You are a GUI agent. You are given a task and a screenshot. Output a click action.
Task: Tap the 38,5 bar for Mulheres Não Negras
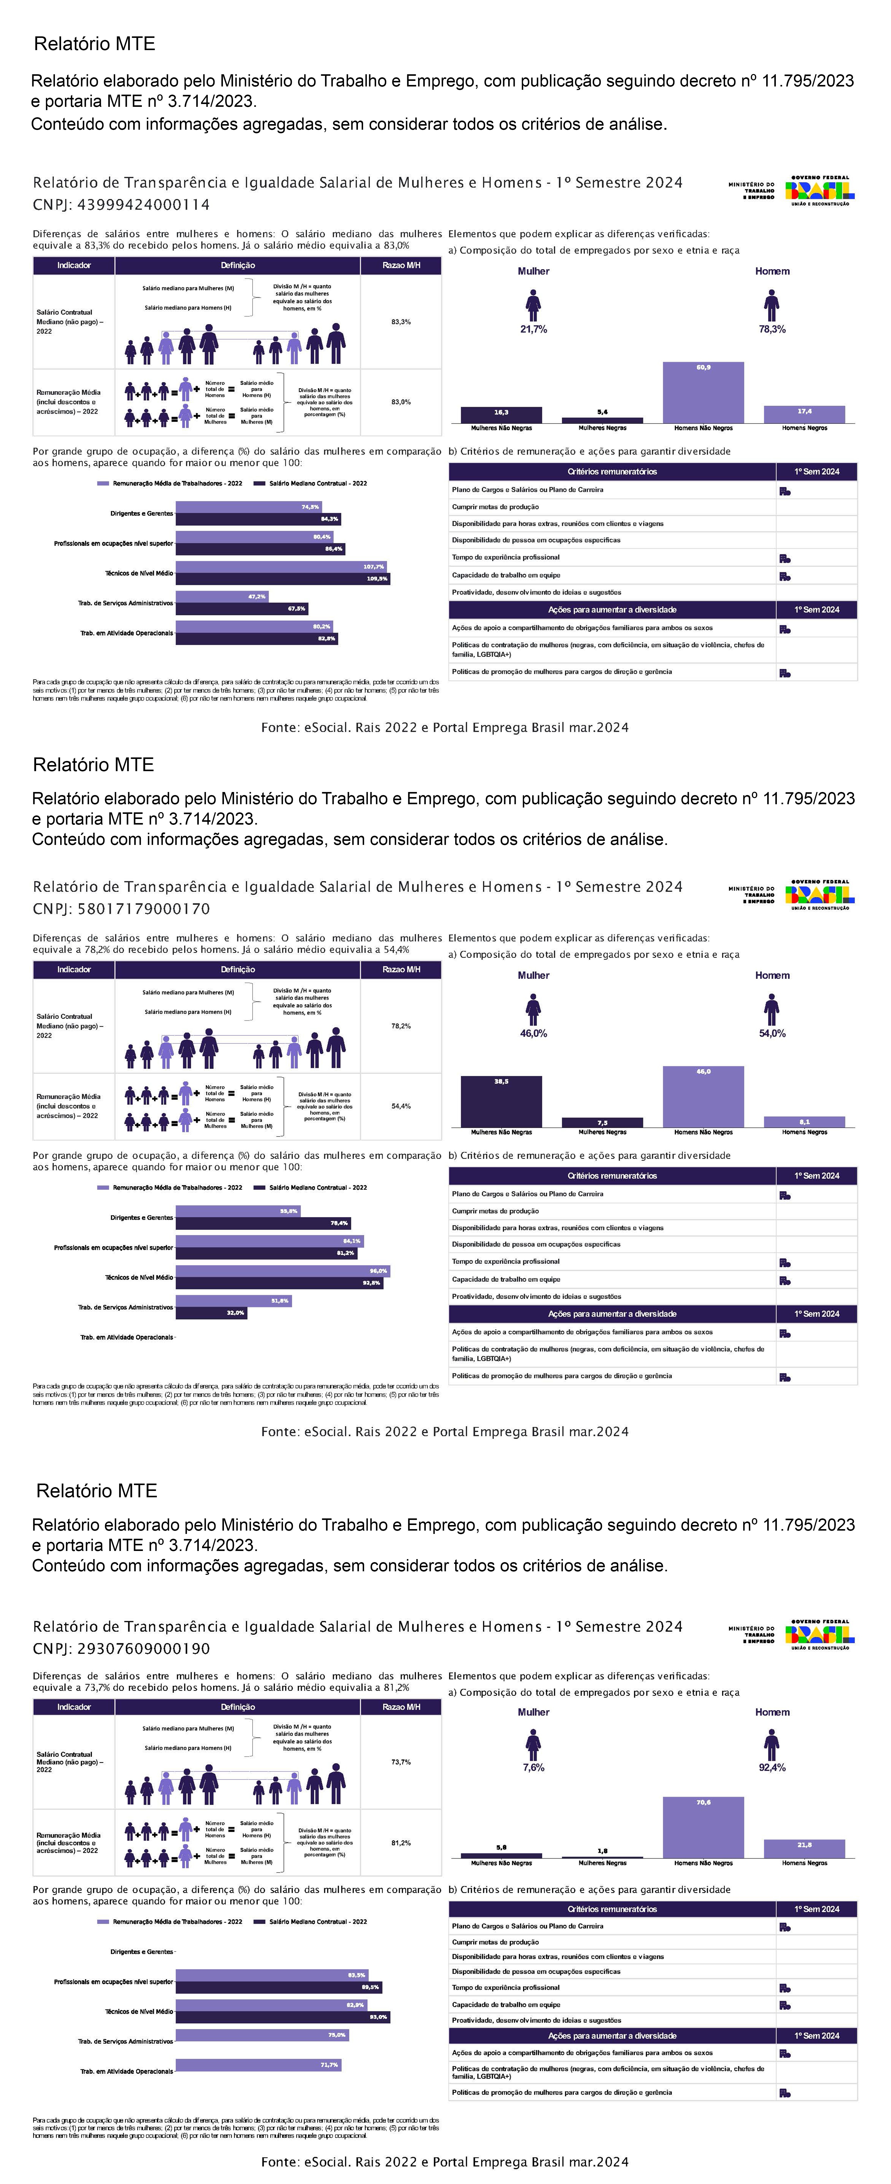coord(501,1101)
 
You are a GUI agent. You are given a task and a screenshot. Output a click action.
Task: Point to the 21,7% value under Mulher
coord(533,329)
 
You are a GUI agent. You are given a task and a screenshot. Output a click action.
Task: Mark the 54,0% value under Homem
coord(772,1033)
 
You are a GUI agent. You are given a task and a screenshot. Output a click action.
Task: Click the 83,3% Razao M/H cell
coord(401,322)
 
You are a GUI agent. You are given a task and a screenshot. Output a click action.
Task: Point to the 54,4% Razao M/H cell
coord(401,1106)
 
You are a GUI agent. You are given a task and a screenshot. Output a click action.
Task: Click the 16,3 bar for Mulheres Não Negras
coord(501,415)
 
